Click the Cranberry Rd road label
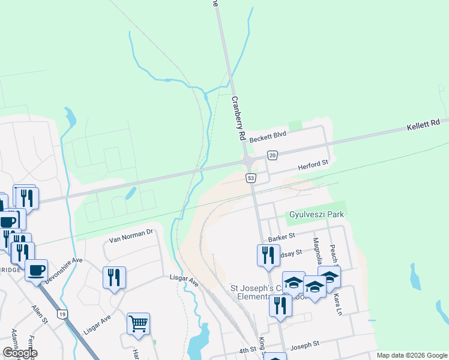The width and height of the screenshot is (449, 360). point(238,118)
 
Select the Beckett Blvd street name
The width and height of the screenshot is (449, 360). point(268,137)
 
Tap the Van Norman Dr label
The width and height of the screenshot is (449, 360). point(131,235)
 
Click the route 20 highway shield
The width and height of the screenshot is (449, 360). point(273,156)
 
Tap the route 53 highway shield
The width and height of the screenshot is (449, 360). point(251,178)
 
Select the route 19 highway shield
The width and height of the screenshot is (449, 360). point(61,314)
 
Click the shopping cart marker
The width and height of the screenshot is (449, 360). point(138,324)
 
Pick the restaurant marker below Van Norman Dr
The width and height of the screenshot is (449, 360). point(114,277)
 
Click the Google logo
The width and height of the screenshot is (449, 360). point(20,353)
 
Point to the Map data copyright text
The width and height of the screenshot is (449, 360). point(412,355)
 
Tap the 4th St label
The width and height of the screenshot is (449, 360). point(248,350)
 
